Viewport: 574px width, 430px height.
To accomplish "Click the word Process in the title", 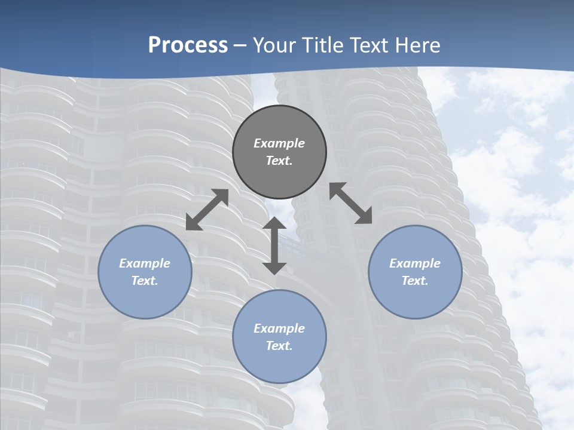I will [x=188, y=45].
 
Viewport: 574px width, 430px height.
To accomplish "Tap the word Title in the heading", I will [x=323, y=45].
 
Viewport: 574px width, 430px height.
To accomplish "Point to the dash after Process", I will [x=240, y=46].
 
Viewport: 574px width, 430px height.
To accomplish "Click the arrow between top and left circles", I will [x=207, y=210].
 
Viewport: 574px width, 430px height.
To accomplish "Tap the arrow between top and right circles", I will [x=351, y=203].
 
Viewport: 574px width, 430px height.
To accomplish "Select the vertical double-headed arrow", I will [x=274, y=246].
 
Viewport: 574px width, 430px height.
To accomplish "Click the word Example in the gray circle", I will [x=279, y=143].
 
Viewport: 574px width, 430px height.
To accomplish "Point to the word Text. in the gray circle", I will [x=279, y=161].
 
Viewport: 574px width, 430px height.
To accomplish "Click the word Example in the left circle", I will [x=145, y=263].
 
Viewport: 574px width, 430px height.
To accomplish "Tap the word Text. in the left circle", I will [x=145, y=281].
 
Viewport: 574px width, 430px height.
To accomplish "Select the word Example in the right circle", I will [x=415, y=263].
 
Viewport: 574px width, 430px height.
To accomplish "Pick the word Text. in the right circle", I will [x=415, y=281].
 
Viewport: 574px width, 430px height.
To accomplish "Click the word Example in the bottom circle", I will [x=279, y=328].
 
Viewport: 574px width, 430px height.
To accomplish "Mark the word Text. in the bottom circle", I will [x=279, y=346].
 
